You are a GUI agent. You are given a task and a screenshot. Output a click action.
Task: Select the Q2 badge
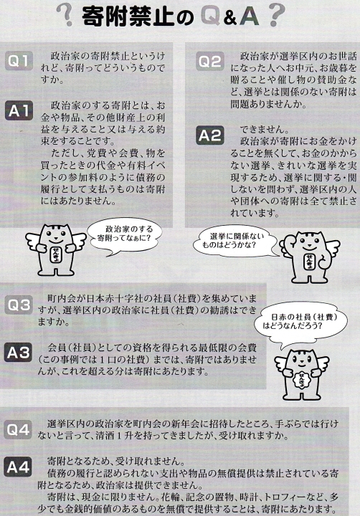(x=210, y=62)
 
